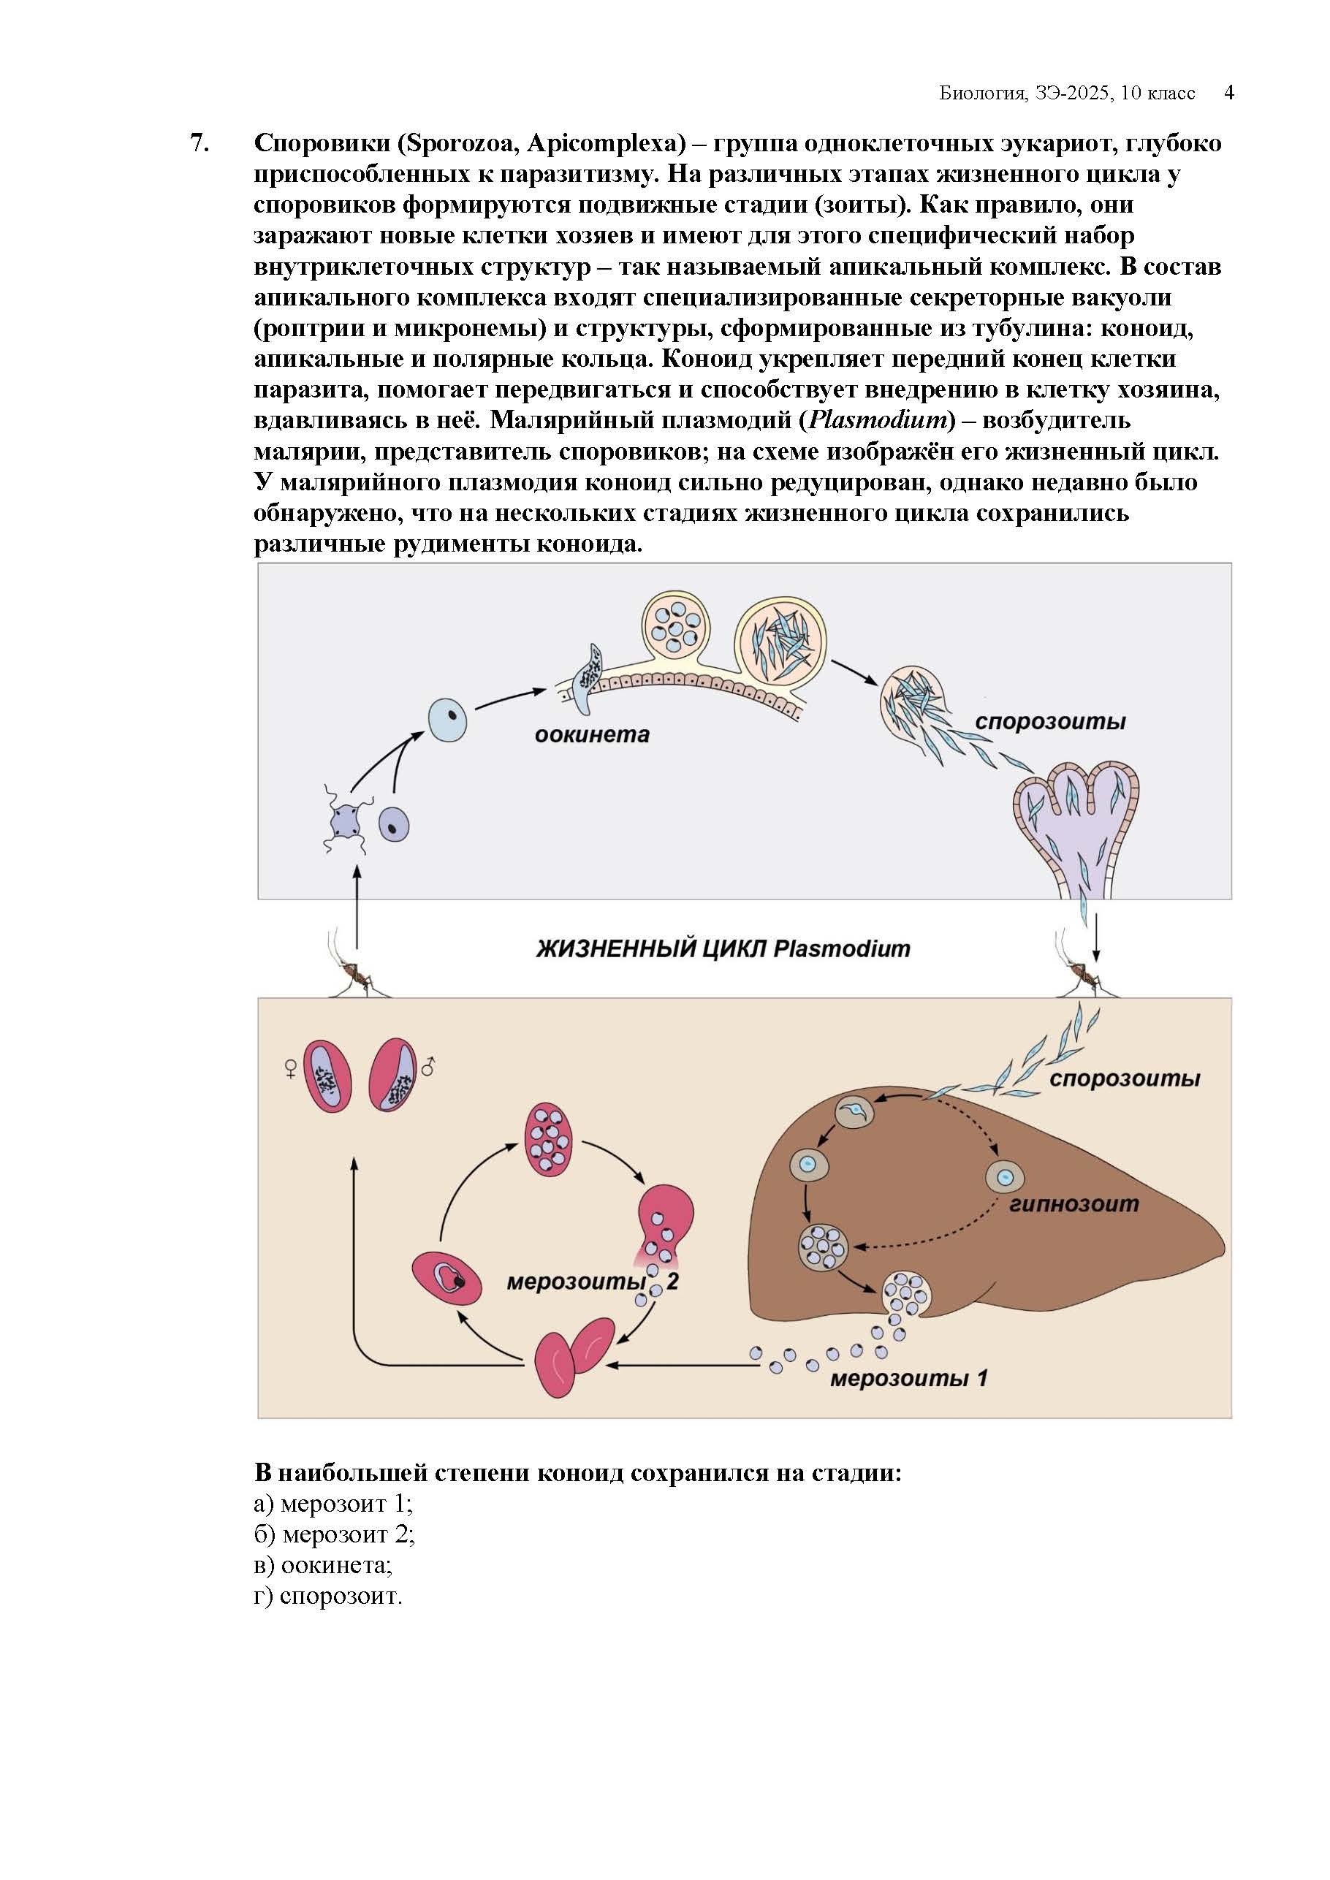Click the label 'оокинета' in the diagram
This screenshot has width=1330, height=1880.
591,734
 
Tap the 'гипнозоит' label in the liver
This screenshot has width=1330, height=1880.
1073,1203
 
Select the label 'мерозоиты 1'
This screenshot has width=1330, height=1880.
908,1378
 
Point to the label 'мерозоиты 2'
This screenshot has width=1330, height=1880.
591,1282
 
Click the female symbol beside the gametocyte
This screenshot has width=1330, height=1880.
291,1068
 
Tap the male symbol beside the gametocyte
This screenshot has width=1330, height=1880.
427,1067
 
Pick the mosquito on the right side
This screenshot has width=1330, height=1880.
1086,973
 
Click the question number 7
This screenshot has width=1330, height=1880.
199,143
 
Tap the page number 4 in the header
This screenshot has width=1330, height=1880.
1228,93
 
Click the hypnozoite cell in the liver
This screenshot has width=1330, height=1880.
1005,1177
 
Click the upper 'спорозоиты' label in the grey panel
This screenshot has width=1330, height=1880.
1050,721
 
